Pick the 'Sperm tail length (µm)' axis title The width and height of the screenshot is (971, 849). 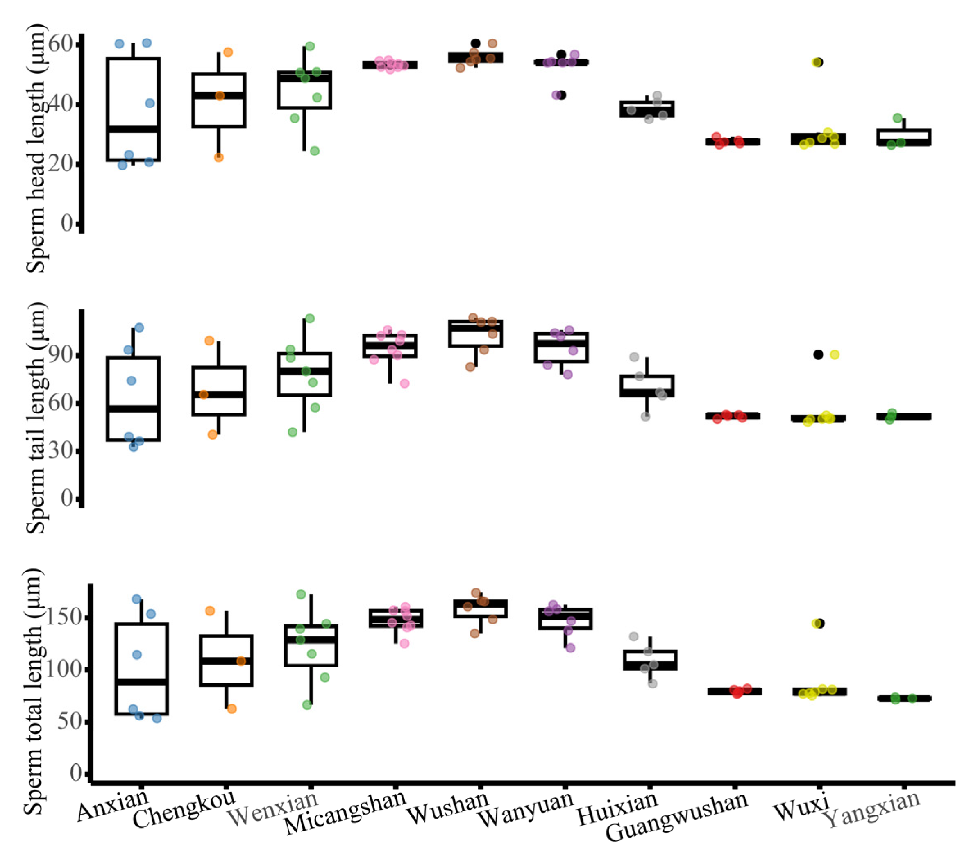click(36, 417)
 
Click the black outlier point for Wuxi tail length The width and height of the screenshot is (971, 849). click(818, 354)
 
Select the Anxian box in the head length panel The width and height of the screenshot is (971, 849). click(133, 109)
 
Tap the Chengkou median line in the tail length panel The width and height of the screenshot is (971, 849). click(218, 395)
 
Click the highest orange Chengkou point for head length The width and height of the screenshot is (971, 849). click(228, 52)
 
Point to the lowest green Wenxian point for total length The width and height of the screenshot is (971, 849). click(307, 704)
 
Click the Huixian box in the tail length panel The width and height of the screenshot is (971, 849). click(647, 386)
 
